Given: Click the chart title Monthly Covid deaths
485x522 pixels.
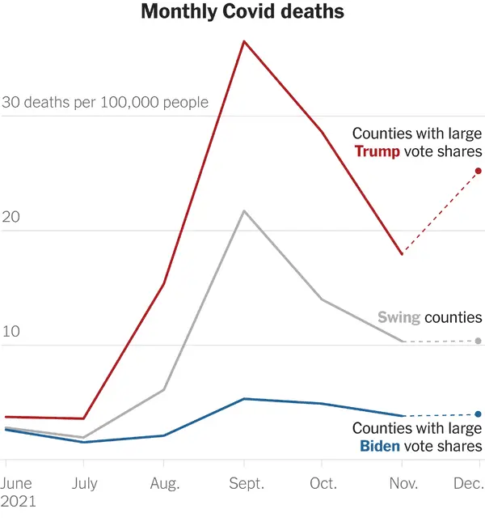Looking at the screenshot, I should coord(242,12).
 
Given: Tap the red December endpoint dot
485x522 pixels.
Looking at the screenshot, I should coord(479,171).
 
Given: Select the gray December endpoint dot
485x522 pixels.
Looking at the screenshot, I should coord(479,341).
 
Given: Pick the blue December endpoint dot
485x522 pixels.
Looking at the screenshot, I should coord(479,414).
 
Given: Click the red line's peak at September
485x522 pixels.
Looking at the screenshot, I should coord(244,41).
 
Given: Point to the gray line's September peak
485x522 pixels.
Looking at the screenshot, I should coord(244,210).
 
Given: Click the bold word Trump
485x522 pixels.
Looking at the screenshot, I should coord(377,151).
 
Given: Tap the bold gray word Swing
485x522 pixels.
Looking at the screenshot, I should coord(399,317).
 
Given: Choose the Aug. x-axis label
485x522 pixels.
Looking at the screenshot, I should coord(164,483).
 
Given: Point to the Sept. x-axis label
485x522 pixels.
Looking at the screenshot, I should coord(245,483).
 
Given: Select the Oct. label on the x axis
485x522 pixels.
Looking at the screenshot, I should coord(323,483).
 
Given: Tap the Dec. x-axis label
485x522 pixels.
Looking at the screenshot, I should coord(468,483).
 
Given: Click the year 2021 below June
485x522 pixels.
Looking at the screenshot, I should coord(19,501).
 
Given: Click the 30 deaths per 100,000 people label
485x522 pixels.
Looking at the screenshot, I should coord(105,103).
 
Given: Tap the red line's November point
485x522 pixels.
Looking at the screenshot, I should coord(402,254).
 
